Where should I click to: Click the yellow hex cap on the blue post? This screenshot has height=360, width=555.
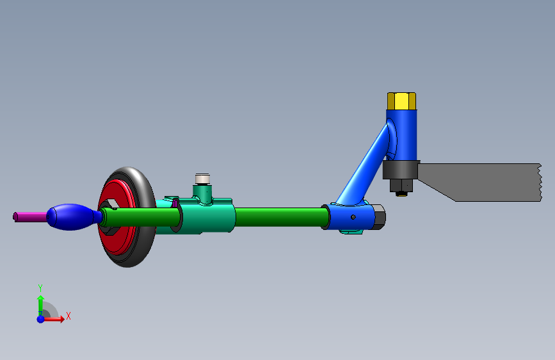[x=401, y=101]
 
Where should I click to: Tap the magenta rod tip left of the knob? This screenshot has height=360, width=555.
[x=29, y=217]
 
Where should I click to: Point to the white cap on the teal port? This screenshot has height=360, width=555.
[x=202, y=179]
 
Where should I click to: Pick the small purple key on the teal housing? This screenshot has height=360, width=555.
[x=175, y=203]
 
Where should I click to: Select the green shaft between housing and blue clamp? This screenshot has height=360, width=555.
[x=282, y=217]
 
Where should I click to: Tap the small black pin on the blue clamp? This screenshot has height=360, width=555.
[x=353, y=217]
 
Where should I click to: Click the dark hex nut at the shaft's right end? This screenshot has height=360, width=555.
[x=379, y=217]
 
